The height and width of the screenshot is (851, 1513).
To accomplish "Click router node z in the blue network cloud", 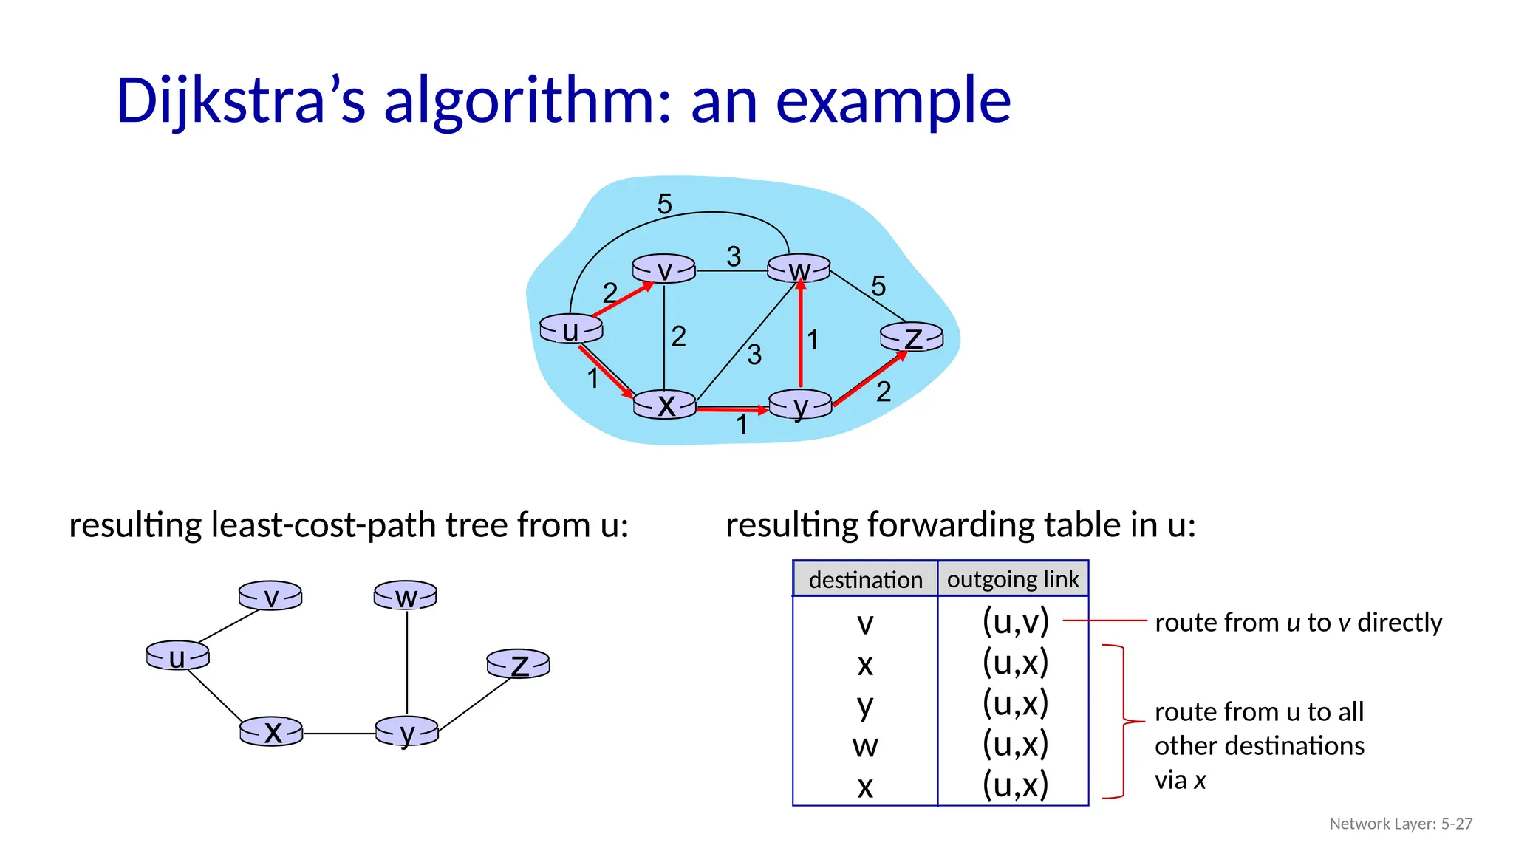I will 912,338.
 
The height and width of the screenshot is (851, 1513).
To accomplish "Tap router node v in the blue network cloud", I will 664,270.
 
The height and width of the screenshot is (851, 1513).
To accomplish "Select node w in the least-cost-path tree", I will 406,595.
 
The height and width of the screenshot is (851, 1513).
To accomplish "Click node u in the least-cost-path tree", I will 177,656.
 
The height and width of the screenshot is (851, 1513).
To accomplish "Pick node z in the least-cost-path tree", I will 519,664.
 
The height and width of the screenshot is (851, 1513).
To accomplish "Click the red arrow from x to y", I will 731,409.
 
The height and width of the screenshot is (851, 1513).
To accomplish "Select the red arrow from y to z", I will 870,379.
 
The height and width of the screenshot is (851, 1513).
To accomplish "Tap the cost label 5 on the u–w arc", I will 664,204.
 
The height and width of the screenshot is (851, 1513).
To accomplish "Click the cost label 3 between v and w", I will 733,256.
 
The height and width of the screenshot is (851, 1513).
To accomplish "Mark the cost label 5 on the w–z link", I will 878,286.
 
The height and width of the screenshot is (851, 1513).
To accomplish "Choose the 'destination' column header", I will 865,579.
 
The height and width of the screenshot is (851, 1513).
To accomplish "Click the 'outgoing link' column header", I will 1013,579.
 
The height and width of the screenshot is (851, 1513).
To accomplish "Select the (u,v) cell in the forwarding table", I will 1015,622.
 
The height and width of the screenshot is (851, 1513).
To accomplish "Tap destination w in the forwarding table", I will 865,745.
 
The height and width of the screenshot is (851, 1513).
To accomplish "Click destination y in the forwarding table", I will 865,705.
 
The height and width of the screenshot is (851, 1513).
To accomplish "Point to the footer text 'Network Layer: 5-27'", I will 1401,824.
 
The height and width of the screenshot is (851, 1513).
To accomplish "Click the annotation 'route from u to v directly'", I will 1298,623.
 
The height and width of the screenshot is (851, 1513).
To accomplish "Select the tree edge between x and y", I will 339,734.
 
